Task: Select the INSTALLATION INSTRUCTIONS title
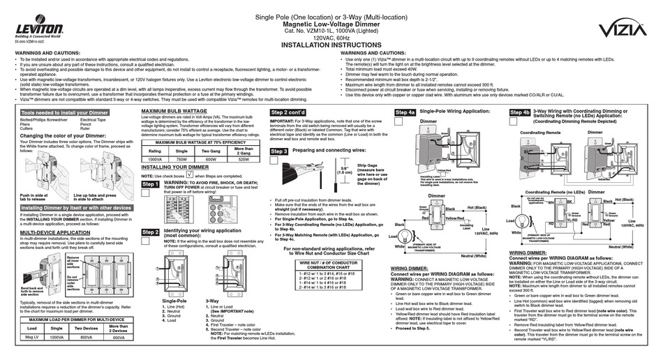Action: pyautogui.click(x=331, y=43)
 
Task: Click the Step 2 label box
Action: pyautogui.click(x=151, y=232)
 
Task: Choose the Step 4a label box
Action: pyautogui.click(x=405, y=112)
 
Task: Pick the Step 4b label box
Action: pyautogui.click(x=519, y=112)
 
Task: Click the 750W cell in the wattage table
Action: pyautogui.click(x=180, y=160)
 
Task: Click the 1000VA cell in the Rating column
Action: pyautogui.click(x=157, y=160)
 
